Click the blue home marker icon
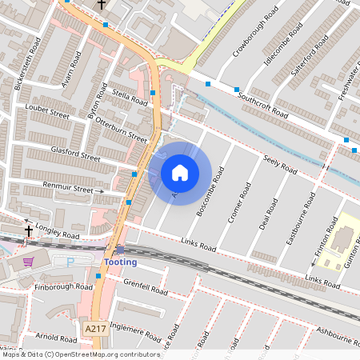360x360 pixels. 180,172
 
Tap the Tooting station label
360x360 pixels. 120,262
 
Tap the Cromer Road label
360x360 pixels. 239,202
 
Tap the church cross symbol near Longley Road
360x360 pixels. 29,231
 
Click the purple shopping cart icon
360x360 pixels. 29,261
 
